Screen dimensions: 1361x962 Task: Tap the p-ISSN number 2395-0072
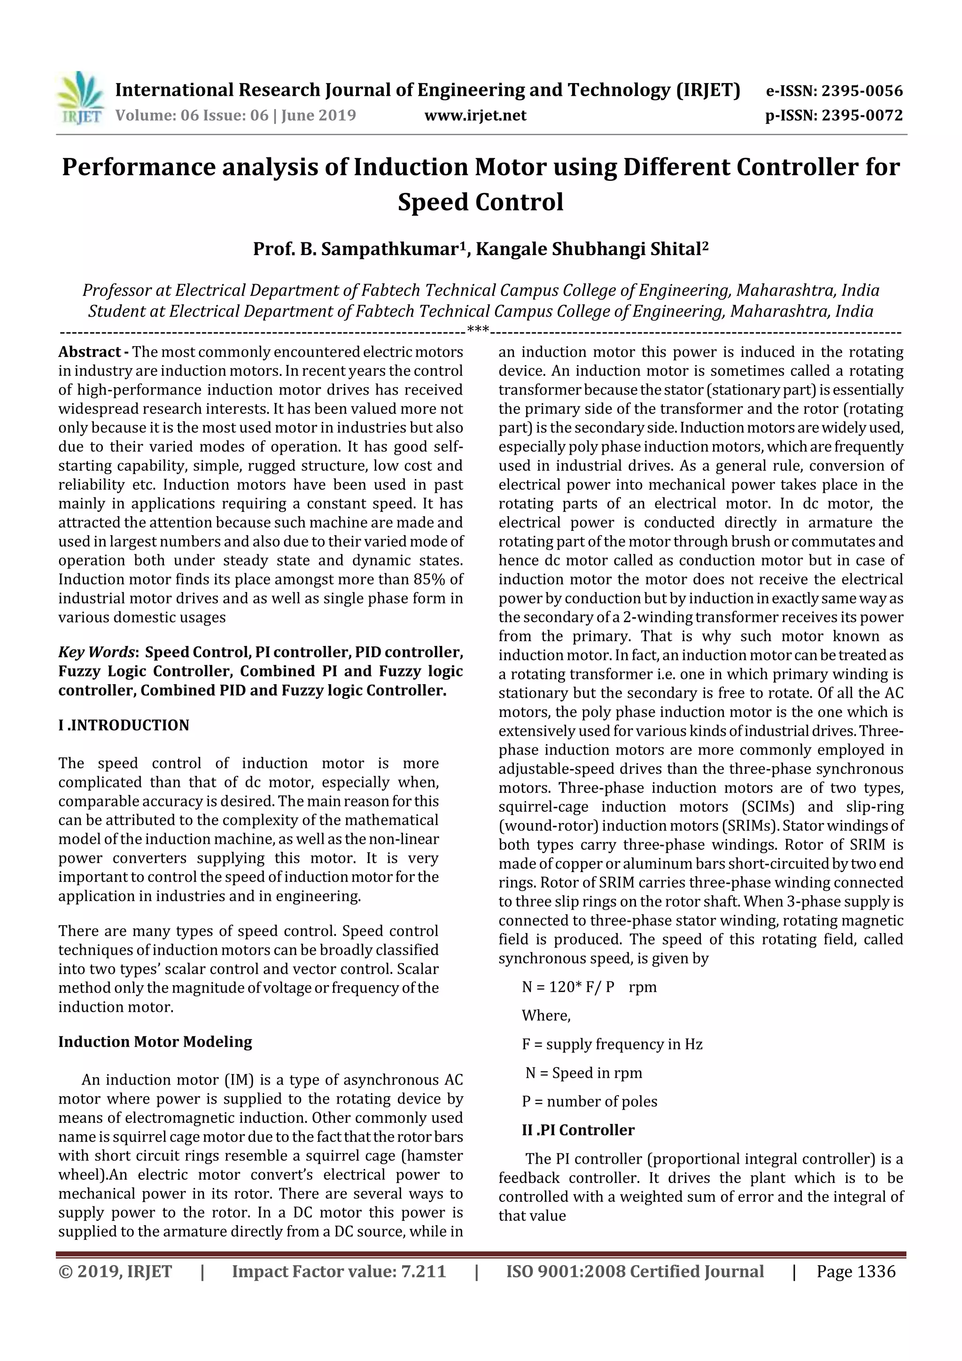tap(862, 115)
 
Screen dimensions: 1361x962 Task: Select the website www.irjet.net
tap(475, 116)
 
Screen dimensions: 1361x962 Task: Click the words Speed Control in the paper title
tap(480, 202)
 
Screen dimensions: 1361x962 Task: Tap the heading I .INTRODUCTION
tap(124, 725)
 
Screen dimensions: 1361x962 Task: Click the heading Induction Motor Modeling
tap(155, 1042)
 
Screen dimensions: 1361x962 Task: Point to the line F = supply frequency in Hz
tap(612, 1044)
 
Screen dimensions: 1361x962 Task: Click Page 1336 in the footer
tap(855, 1271)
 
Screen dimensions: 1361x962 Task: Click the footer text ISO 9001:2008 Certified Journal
tap(634, 1271)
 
